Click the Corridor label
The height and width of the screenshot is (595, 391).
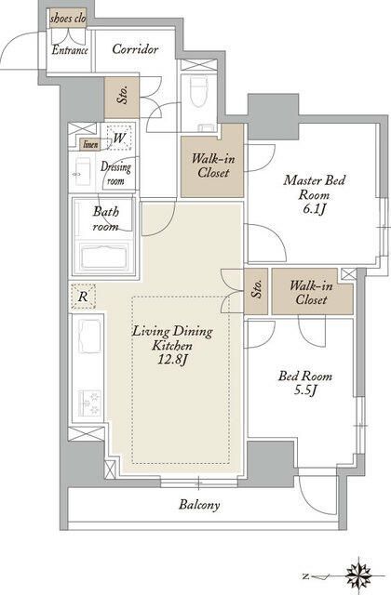click(x=135, y=49)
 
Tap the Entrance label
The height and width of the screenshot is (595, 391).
click(x=70, y=50)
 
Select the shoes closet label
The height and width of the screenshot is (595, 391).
click(x=68, y=19)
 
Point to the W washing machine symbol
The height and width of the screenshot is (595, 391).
click(x=119, y=138)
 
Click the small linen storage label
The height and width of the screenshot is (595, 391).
click(x=90, y=144)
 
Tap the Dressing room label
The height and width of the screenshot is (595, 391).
click(x=115, y=173)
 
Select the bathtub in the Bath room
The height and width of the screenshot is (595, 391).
click(x=105, y=257)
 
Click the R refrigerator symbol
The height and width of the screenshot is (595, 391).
click(x=83, y=296)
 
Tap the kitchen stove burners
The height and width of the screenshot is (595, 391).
click(x=89, y=403)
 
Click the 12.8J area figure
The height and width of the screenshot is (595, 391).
click(x=173, y=360)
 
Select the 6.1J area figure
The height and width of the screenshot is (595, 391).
click(x=315, y=209)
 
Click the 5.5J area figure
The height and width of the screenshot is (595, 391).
click(x=305, y=390)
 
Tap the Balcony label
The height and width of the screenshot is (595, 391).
click(x=199, y=505)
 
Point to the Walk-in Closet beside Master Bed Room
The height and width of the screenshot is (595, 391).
click(x=212, y=166)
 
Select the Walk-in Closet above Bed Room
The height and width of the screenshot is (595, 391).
click(x=313, y=292)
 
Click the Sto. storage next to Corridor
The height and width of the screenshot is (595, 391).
click(x=122, y=97)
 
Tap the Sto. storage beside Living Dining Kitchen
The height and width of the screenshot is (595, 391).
click(x=256, y=291)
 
